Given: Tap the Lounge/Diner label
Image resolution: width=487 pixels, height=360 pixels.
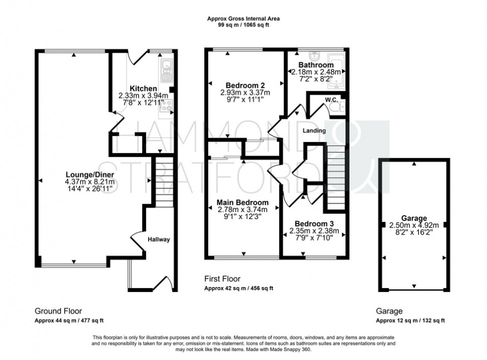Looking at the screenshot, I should pos(90,175).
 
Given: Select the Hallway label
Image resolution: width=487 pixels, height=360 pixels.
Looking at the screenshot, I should pos(159,239).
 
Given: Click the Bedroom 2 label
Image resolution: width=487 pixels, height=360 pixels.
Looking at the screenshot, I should pos(245,84).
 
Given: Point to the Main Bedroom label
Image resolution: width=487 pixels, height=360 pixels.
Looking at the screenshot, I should pos(243,203).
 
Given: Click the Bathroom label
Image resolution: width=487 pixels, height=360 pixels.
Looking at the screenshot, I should pos(316,65).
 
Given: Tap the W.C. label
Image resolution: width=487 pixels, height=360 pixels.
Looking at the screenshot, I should pos(331,100).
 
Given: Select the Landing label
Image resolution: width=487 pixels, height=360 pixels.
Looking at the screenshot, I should pos(314,131).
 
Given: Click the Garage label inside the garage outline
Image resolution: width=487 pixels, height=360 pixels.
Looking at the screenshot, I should pos(414,218).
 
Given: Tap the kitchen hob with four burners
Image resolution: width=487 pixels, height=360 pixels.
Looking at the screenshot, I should pos(166,105).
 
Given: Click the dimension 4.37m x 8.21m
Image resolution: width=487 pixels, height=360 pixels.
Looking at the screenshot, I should pos(90,182).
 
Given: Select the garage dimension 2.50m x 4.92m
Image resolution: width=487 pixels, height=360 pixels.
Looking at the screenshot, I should pos(414,225).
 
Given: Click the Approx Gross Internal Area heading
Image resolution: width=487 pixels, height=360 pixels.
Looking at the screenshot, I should pos(243,19).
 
